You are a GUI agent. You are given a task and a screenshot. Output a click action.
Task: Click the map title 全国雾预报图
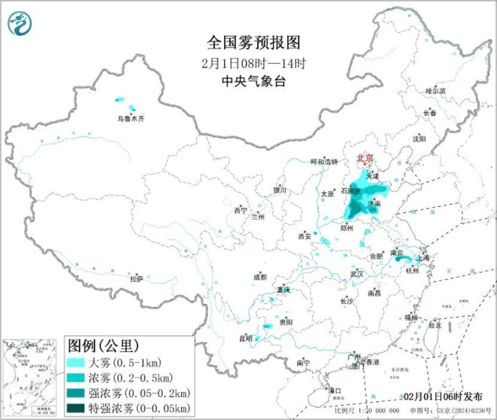click(x=252, y=42)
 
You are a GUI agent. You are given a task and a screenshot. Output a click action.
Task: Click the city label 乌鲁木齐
click(x=130, y=119)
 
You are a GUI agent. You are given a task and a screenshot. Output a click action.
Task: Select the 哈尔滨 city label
click(x=435, y=91)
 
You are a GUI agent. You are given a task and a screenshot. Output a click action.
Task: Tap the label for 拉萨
click(x=136, y=278)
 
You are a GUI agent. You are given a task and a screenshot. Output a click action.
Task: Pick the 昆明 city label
click(x=246, y=338)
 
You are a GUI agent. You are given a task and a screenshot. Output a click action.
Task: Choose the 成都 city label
click(x=260, y=277)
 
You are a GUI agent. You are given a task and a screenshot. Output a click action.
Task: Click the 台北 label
click(x=434, y=326)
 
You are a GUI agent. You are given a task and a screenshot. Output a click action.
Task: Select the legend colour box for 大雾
click(x=77, y=363)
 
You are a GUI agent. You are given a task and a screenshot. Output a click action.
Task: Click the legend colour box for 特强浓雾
click(x=77, y=409)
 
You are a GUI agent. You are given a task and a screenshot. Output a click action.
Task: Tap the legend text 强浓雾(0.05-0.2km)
click(x=139, y=393)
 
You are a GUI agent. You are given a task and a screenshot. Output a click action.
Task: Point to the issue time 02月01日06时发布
click(x=442, y=396)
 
